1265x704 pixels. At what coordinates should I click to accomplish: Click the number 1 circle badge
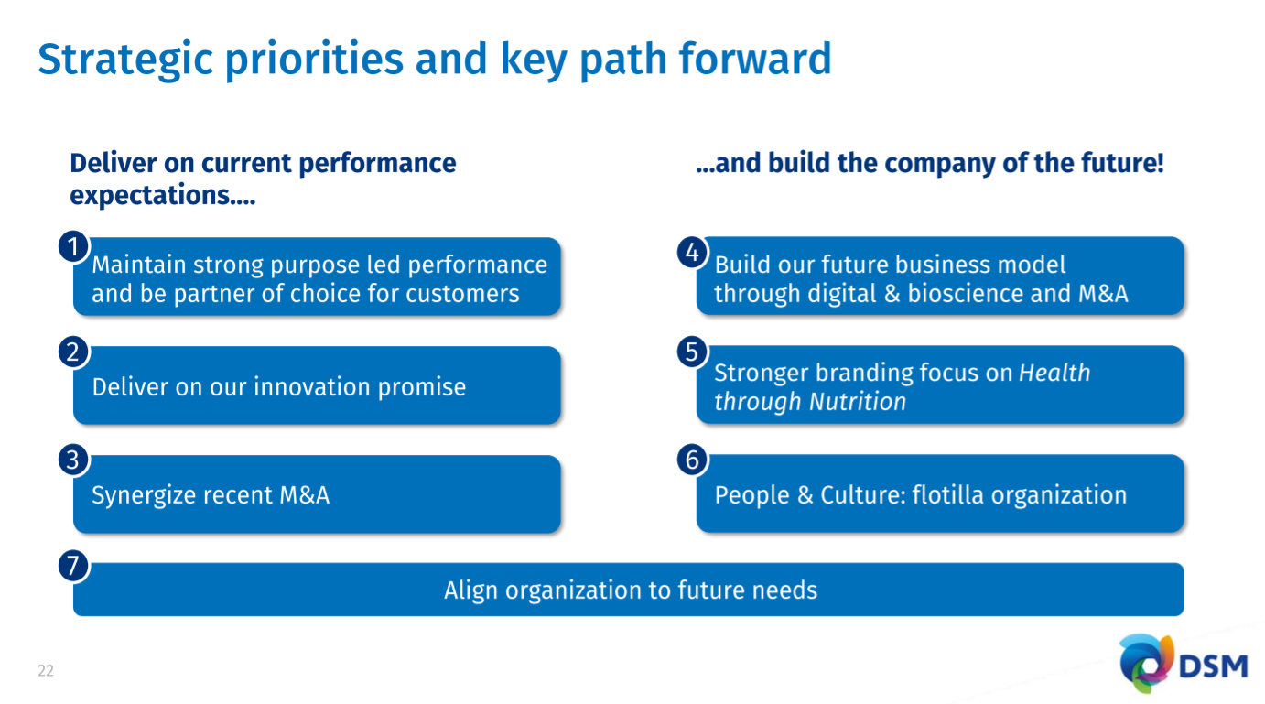[73, 246]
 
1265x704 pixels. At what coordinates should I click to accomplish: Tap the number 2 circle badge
[73, 352]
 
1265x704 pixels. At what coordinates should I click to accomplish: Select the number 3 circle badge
[73, 460]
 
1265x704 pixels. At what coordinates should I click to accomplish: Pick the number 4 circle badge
[692, 252]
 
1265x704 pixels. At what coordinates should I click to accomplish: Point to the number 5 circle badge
[692, 352]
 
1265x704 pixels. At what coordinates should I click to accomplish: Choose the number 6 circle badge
[692, 460]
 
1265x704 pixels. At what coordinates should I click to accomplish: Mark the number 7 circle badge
[73, 566]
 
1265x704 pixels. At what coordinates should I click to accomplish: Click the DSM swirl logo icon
[1146, 664]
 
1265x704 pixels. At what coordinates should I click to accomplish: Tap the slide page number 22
[45, 671]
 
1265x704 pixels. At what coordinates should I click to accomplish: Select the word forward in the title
[755, 59]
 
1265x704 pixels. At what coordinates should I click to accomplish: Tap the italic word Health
[1054, 373]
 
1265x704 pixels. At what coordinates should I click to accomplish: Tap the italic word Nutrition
[858, 402]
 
